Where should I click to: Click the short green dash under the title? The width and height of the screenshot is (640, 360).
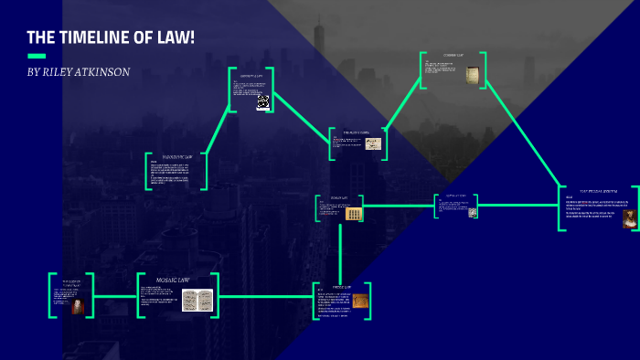click(x=37, y=56)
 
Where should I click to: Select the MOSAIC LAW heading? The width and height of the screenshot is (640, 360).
click(x=173, y=280)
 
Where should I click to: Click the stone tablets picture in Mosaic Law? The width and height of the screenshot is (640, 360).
click(x=197, y=300)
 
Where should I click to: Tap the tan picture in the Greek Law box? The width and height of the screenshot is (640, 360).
click(x=360, y=300)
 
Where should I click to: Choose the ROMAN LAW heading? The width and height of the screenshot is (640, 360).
click(x=339, y=198)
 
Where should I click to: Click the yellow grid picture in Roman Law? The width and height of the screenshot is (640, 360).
click(x=354, y=214)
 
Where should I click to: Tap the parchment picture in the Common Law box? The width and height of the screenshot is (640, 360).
click(x=472, y=76)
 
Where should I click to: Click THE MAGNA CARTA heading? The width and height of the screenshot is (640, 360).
click(x=357, y=133)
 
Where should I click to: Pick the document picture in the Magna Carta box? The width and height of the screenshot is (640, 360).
click(x=373, y=143)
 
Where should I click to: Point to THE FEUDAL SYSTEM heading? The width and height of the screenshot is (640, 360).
click(x=599, y=191)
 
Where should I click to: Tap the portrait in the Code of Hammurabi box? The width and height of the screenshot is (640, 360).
click(x=77, y=306)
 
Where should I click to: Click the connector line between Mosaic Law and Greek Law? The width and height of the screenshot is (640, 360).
click(x=265, y=296)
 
